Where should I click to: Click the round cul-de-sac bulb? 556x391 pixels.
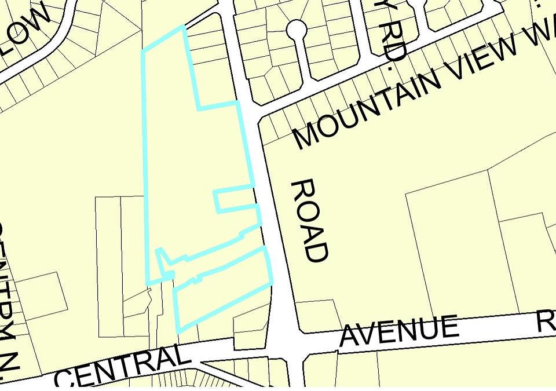click(x=296, y=29)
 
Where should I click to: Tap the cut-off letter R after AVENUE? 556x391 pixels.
click(x=546, y=321)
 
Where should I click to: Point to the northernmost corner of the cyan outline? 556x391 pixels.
click(x=184, y=27)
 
